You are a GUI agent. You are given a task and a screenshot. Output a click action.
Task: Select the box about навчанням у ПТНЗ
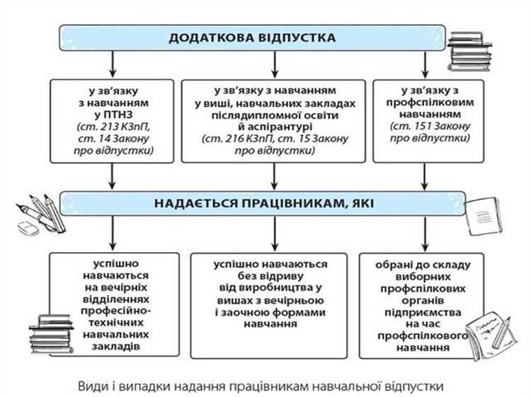point(110,122)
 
